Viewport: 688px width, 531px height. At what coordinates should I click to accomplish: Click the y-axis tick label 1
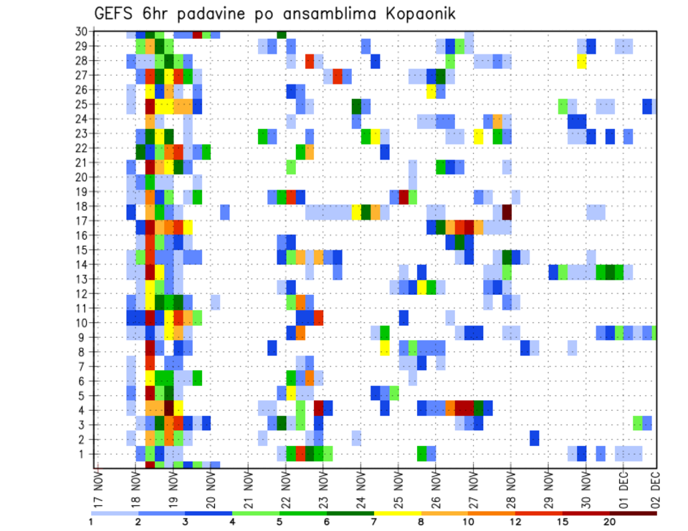[83, 454]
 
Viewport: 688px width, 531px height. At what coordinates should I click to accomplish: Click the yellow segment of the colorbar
[397, 513]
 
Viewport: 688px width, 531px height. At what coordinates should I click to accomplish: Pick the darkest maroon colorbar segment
[633, 513]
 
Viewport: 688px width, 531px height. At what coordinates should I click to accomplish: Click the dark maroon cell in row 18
[507, 213]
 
